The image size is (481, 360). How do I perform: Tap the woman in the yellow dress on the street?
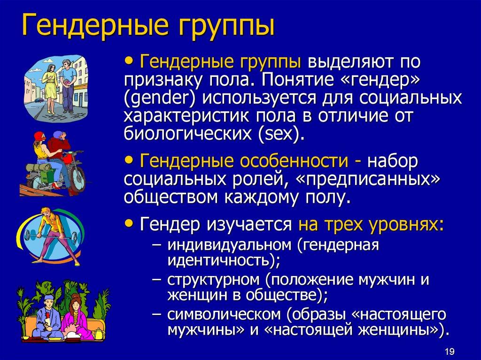(x=49, y=87)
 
